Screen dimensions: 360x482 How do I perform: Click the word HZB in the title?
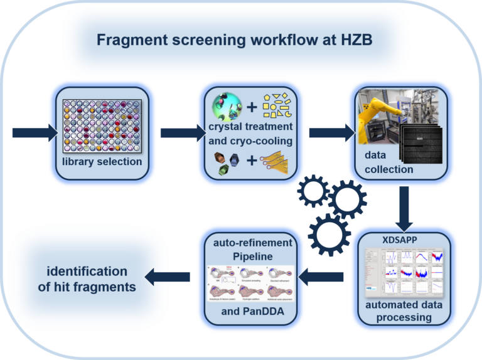[x=355, y=41]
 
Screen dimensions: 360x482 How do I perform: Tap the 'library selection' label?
[x=102, y=162]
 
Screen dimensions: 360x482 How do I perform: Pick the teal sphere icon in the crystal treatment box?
[x=226, y=106]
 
